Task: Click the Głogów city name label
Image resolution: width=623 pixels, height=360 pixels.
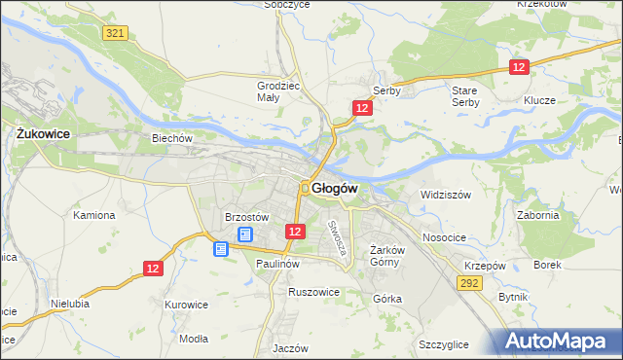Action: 336,188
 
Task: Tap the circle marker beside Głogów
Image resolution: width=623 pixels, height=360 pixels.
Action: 305,188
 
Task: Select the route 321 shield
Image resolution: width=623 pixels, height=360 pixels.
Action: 115,33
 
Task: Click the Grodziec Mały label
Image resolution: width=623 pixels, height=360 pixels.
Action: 275,90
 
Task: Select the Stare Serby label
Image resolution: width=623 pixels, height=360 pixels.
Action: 465,95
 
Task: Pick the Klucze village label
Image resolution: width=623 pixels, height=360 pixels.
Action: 538,100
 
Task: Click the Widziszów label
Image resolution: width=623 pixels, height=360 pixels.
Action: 445,195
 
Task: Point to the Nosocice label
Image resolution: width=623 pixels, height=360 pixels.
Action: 444,237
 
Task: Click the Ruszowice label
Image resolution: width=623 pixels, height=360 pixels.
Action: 313,291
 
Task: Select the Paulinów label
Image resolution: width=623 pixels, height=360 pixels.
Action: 276,264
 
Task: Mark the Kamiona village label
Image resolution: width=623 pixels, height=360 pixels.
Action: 94,215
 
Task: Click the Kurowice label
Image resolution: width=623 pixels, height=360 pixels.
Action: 187,305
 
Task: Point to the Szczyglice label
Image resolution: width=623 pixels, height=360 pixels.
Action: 444,344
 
